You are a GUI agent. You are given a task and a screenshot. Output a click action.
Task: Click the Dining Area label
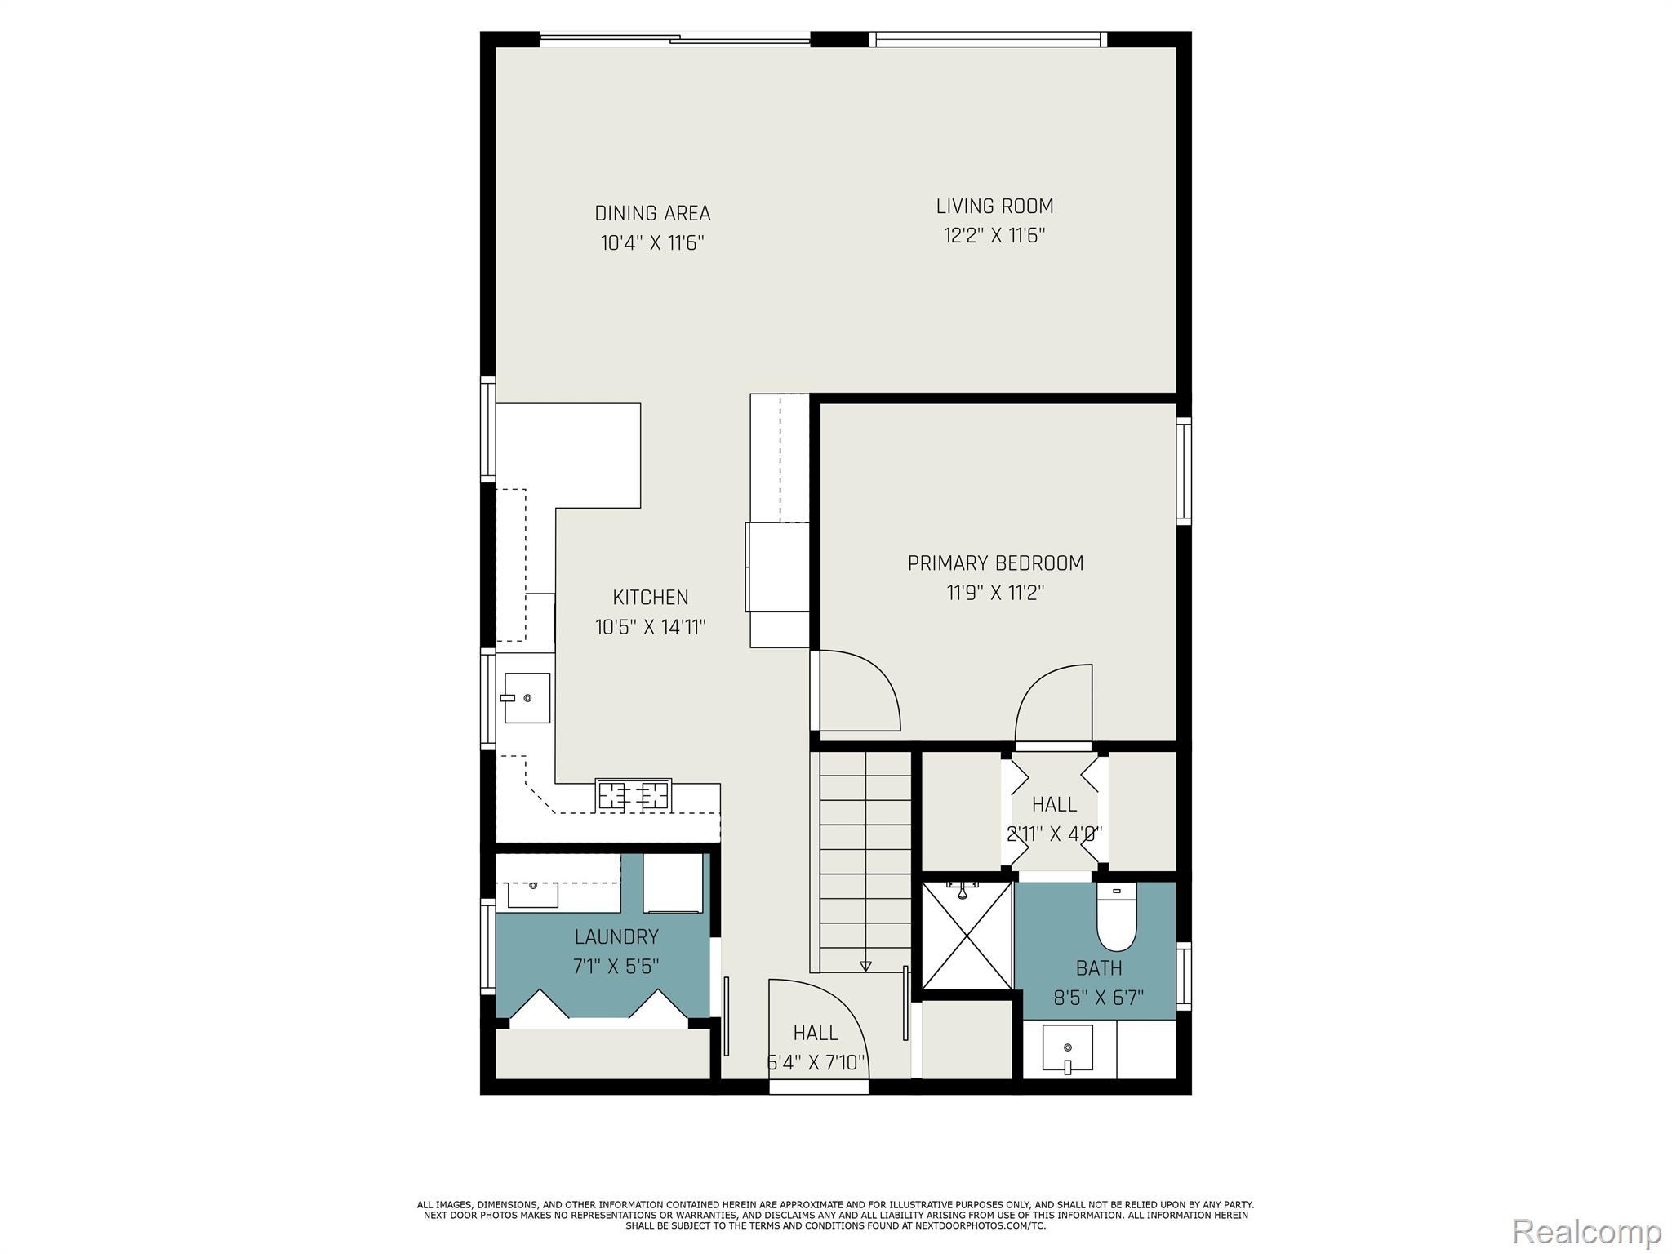point(652,213)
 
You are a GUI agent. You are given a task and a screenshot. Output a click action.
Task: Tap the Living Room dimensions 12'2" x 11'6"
point(994,236)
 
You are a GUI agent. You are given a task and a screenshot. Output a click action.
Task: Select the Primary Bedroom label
point(995,563)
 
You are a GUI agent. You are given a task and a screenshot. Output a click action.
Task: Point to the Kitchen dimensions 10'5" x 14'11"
point(651,627)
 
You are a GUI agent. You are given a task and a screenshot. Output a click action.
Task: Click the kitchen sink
point(527,698)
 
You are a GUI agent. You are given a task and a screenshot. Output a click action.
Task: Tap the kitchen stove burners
point(634,794)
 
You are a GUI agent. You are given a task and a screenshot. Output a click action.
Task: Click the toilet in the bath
point(1116,918)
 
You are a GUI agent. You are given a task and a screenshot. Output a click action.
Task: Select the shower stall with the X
point(967,935)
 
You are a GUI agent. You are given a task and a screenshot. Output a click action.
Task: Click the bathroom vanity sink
point(1068,1048)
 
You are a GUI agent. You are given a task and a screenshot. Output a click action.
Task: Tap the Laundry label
point(616,936)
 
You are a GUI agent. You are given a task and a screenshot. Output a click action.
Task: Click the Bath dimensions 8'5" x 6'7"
point(1098,998)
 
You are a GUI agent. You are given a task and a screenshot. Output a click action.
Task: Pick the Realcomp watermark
point(1586,1231)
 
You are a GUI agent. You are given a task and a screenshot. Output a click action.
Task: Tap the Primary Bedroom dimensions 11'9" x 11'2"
point(995,593)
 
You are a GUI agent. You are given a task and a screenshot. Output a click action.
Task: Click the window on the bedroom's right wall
point(1183,471)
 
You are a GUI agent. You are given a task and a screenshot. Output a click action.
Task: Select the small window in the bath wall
point(1183,976)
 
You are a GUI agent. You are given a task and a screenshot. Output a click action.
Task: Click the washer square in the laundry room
point(673,883)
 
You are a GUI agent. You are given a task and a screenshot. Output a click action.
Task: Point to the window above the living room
point(988,39)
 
